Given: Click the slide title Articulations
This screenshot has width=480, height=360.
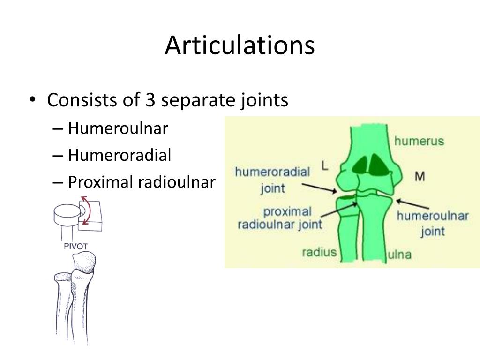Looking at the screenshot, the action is pyautogui.click(x=240, y=45).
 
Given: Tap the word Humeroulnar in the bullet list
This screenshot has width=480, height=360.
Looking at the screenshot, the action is pyautogui.click(x=118, y=128).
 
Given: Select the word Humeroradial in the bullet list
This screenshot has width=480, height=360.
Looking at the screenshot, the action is pyautogui.click(x=120, y=155).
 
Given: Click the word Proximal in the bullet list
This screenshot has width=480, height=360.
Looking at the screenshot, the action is pyautogui.click(x=101, y=182).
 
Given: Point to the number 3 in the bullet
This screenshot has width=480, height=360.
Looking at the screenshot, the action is pyautogui.click(x=150, y=100).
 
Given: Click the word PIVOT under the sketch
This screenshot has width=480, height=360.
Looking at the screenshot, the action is pyautogui.click(x=75, y=246).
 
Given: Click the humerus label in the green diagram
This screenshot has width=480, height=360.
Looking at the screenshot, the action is pyautogui.click(x=419, y=141).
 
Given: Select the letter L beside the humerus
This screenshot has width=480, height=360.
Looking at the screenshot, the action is pyautogui.click(x=325, y=166).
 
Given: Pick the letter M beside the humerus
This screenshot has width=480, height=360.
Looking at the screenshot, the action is pyautogui.click(x=420, y=176).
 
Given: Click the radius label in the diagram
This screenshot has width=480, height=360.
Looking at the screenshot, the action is pyautogui.click(x=319, y=252).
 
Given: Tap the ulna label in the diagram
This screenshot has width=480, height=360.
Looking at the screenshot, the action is pyautogui.click(x=399, y=255).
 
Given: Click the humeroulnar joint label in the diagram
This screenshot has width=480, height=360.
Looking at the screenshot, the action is pyautogui.click(x=433, y=223).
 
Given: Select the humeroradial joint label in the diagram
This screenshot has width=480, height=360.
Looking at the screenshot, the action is pyautogui.click(x=272, y=180).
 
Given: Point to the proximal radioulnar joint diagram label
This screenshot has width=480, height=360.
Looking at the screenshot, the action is pyautogui.click(x=280, y=218).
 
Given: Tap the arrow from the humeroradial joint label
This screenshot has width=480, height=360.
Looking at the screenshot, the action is pyautogui.click(x=319, y=188).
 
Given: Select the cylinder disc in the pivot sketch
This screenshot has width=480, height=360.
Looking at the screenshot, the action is pyautogui.click(x=67, y=214).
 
